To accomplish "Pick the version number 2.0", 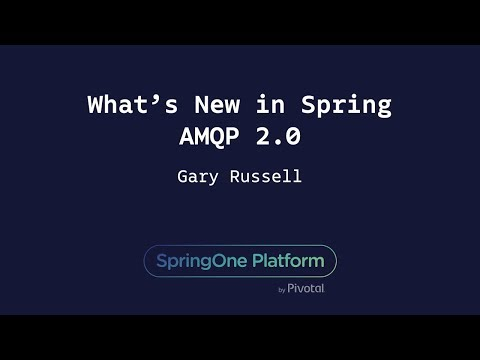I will click(275, 136).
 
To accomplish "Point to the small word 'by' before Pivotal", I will click(282, 290).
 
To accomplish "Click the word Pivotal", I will click(306, 289).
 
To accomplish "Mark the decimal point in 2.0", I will click(276, 143).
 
